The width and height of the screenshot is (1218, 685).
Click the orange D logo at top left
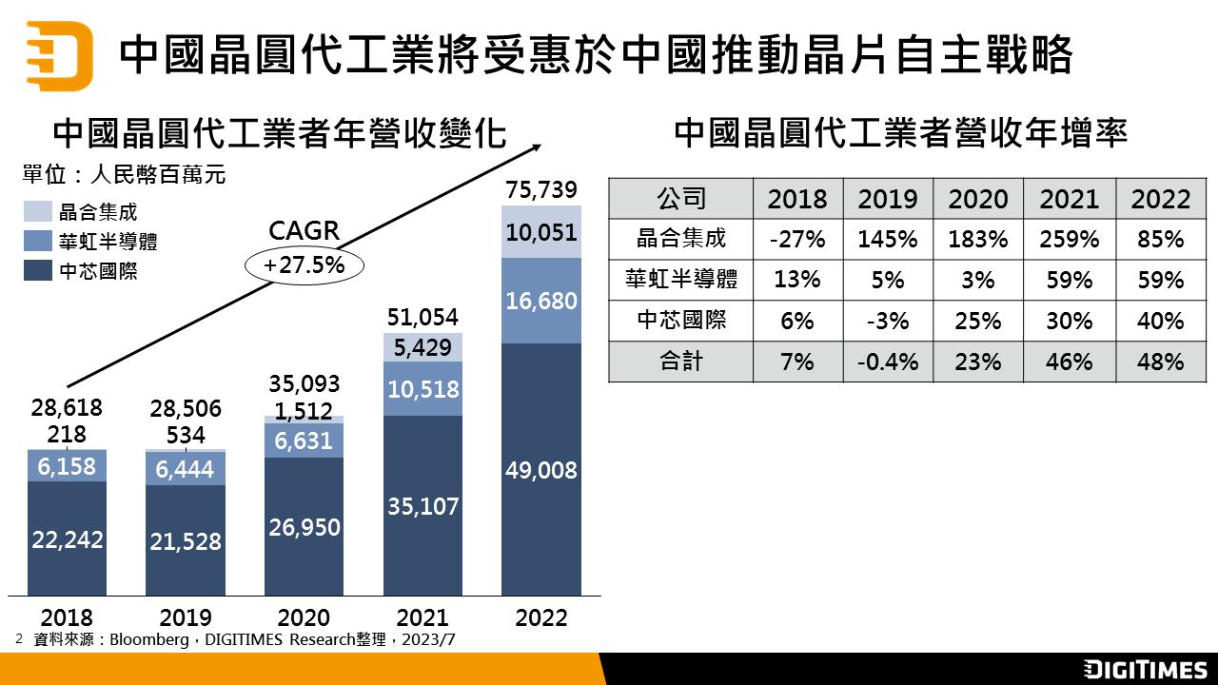pos(59,54)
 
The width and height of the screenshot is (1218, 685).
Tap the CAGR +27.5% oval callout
pos(304,265)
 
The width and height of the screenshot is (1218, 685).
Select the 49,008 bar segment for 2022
pos(540,470)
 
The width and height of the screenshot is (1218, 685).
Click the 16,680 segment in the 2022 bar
pos(540,301)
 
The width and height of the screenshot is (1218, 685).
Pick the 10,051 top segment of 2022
pos(540,232)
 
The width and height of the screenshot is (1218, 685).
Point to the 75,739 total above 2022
pos(540,190)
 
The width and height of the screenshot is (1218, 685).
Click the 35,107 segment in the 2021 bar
pos(422,506)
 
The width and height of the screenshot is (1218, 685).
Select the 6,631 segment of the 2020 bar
pos(304,440)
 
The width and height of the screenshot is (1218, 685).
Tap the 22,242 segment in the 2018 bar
pos(67,538)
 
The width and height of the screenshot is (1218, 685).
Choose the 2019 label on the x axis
pos(186,617)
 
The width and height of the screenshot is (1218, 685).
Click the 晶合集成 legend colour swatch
pos(37,212)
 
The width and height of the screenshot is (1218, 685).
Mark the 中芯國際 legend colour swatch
pos(37,271)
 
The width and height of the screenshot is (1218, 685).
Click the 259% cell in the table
pos(1069,239)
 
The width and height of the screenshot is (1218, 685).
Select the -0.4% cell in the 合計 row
pos(887,362)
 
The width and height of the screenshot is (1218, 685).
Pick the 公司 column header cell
pos(680,199)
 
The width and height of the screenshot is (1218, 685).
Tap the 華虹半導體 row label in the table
pos(680,280)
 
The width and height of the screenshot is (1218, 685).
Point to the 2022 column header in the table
pos(1160,199)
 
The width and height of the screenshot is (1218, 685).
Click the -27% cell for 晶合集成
pos(796,239)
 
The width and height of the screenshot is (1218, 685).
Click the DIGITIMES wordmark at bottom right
pos(1145,669)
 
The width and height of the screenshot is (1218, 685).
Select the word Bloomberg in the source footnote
pos(149,639)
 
